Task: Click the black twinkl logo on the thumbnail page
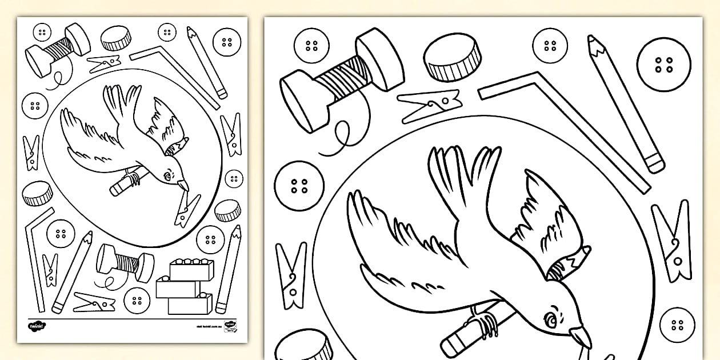[36, 326]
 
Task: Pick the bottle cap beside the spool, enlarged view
[452, 58]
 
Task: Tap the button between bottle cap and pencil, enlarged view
[550, 46]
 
